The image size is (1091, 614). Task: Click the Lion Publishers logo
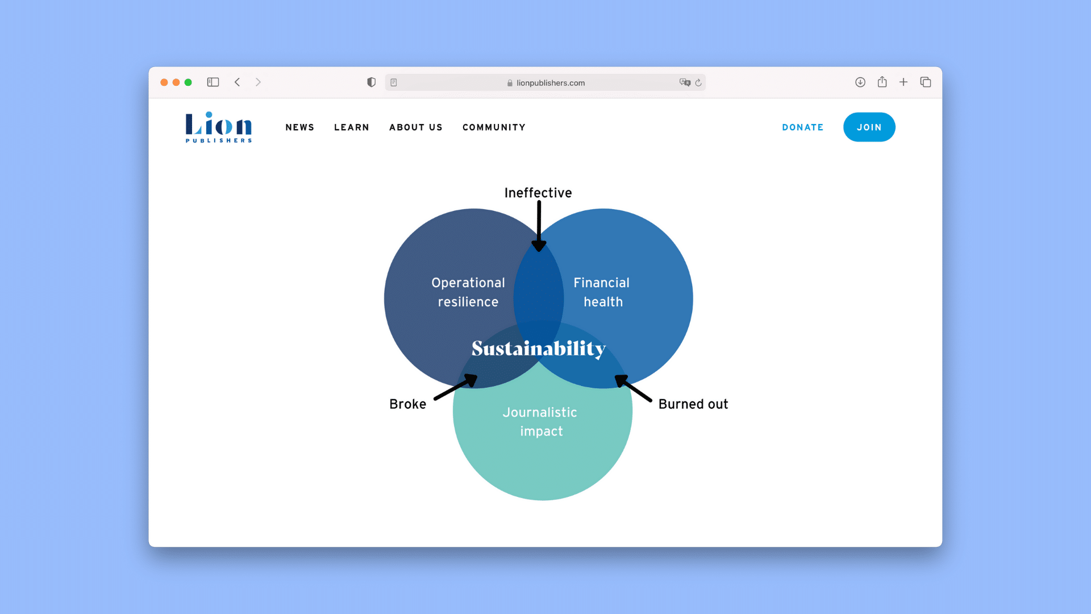click(219, 127)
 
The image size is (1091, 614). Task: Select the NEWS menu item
click(300, 127)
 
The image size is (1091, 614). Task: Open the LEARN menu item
click(352, 127)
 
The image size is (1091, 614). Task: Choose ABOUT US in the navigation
click(416, 127)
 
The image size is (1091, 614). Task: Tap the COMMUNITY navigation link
click(494, 127)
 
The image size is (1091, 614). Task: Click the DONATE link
click(803, 127)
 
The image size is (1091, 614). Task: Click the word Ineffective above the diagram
click(538, 193)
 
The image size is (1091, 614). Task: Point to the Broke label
click(407, 404)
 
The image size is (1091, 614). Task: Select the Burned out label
click(693, 404)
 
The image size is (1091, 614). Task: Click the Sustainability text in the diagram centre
click(539, 349)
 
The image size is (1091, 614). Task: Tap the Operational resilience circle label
click(468, 292)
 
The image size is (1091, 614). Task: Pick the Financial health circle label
click(602, 292)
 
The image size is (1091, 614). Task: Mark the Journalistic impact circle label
click(540, 422)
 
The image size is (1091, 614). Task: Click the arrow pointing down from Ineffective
click(539, 226)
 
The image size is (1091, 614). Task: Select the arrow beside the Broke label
click(456, 387)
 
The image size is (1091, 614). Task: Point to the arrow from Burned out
click(633, 388)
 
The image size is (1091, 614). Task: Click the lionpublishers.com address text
click(551, 83)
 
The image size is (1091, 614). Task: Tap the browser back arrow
click(238, 82)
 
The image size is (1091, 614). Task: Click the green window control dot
click(188, 82)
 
